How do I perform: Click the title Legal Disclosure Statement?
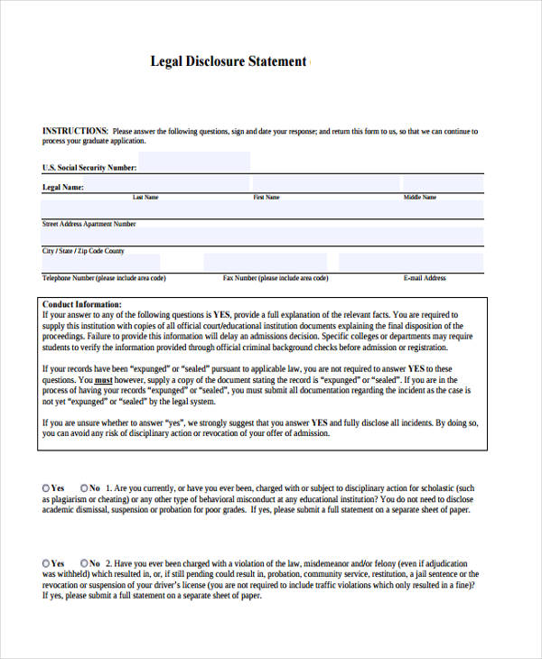[x=228, y=61]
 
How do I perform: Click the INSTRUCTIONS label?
[x=75, y=131]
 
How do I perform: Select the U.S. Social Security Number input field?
[x=194, y=162]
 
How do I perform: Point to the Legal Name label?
[x=63, y=188]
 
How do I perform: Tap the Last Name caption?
[x=145, y=197]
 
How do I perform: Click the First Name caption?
[x=266, y=197]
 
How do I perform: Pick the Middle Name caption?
[x=420, y=197]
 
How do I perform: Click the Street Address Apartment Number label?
[x=89, y=223]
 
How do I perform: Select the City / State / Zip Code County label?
[x=83, y=251]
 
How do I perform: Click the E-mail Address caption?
[x=425, y=278]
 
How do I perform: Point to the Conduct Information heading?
[x=82, y=305]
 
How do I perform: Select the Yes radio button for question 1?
[x=47, y=487]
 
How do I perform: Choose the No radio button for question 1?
[x=85, y=487]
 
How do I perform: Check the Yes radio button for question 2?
[x=47, y=562]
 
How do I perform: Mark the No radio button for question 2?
[x=85, y=562]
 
